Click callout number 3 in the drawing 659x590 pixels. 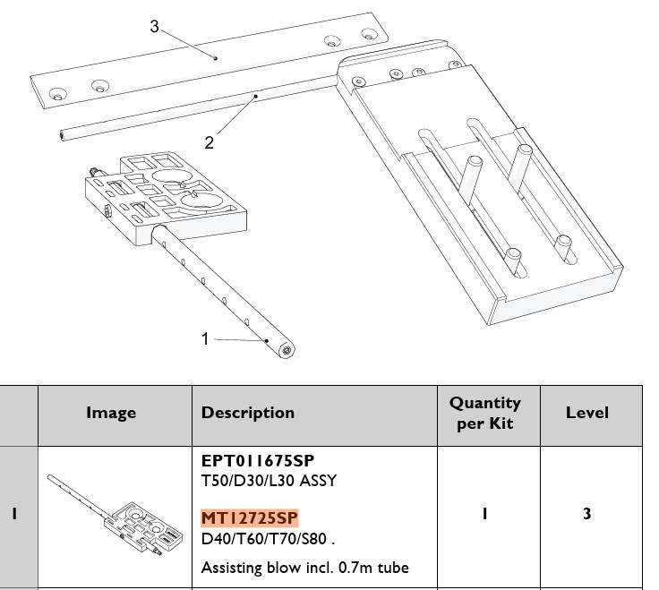coord(155,26)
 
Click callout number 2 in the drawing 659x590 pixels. coord(210,143)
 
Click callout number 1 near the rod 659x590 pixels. coord(205,338)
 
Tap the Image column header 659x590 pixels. coord(111,413)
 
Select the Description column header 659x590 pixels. coord(248,413)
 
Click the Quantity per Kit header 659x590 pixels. coord(485,413)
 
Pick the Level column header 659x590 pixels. coord(587,413)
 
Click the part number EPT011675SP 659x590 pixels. coord(258,461)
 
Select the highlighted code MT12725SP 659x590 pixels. coord(250,518)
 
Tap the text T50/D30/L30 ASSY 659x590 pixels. coord(269,481)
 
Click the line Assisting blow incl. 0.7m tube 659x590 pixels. coord(305,568)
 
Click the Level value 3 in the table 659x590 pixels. coord(587,514)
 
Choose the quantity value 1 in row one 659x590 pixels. coord(485,514)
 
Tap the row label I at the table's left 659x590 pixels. coord(14,514)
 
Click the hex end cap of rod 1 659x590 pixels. coord(287,350)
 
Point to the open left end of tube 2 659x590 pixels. coord(62,135)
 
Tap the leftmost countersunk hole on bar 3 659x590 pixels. coord(58,94)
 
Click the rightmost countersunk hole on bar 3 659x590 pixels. coord(369,34)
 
